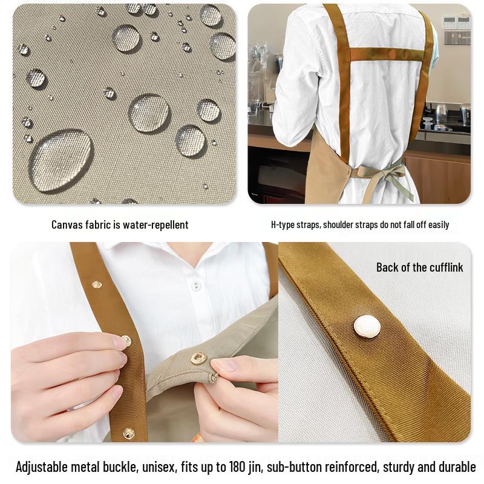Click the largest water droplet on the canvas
point(60,161)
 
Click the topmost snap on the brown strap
point(97,284)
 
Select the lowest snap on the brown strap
point(128,433)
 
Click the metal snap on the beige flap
point(198,358)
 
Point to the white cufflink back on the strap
point(367,327)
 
